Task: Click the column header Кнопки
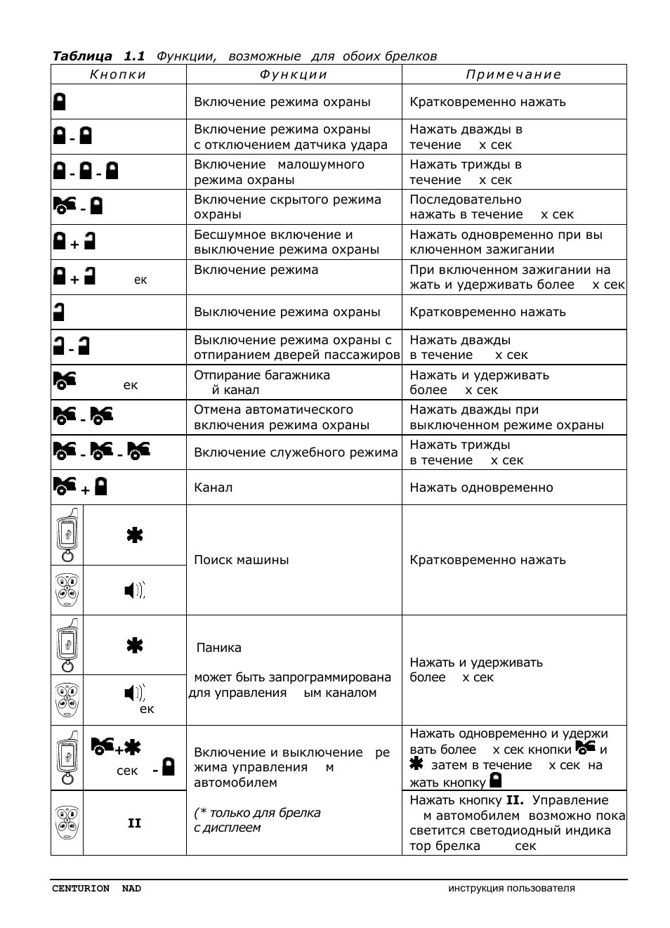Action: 118,74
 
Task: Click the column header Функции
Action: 294,74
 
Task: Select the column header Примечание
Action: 513,74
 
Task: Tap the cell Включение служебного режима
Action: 295,452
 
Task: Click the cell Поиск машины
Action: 241,560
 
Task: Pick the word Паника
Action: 218,648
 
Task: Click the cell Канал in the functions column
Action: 213,488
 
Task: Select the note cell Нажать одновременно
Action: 481,488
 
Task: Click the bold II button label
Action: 134,823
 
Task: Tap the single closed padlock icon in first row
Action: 60,102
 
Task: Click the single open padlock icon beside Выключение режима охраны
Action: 59,312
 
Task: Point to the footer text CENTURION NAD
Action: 96,889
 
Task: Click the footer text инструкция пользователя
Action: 511,889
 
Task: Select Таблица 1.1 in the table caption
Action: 98,56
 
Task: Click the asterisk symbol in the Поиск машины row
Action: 134,535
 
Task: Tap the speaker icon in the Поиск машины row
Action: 134,591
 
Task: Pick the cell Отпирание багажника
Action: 261,375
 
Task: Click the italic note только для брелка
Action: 257,813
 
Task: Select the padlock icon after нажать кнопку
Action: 496,780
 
